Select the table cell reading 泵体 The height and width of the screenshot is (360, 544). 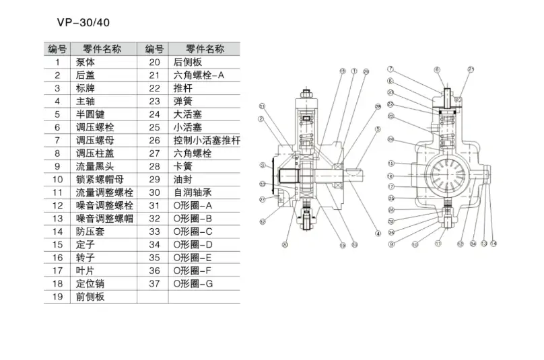85,61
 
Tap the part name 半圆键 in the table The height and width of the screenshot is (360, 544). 90,114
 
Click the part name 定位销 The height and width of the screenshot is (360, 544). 90,283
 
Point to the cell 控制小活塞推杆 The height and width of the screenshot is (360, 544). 207,140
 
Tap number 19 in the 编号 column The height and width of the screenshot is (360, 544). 57,296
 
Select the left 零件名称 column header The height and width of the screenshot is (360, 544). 102,48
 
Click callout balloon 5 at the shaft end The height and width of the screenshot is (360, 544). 378,129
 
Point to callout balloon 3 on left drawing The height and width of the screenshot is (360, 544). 262,166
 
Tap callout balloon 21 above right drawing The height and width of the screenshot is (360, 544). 471,69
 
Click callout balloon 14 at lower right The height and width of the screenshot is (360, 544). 494,243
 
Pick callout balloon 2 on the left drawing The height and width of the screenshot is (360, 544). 259,119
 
